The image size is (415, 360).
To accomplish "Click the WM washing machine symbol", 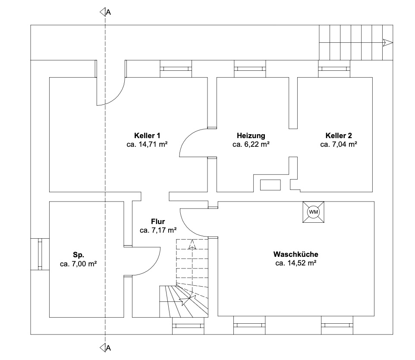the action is coord(313,212).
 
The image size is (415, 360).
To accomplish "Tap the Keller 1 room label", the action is coord(147,136).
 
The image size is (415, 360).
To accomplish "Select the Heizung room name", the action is coord(251,136).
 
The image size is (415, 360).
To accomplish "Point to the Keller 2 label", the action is coord(339,136).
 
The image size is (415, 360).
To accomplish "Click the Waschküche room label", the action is coord(296,254).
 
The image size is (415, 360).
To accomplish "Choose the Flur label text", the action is coord(158,221).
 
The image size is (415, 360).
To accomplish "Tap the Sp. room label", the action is coord(79,255).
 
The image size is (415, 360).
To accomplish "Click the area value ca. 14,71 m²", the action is coord(147,144).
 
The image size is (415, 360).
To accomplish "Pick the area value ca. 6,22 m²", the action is coord(251,144).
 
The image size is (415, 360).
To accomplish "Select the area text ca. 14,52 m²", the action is coord(296,263).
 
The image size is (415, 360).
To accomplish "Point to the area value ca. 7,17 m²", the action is coord(158,230).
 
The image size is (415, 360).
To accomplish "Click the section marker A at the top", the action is coord(105,12).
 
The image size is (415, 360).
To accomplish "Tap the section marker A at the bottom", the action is coord(105,348).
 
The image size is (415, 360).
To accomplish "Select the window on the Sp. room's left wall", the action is coord(40,254).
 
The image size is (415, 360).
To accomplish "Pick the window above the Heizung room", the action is coord(250,69).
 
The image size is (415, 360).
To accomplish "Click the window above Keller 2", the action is coord(334,69).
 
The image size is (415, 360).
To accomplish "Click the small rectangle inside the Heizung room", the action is coord(270,185).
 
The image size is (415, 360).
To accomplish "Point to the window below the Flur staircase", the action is coord(188,326).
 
